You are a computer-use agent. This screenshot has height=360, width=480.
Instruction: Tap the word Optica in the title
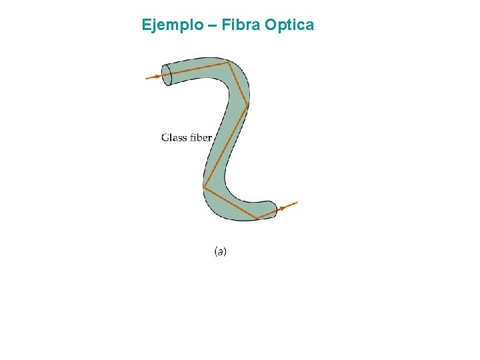tap(289, 25)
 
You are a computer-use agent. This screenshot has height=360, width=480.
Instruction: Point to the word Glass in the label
tap(174, 137)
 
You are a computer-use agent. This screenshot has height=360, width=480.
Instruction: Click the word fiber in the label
tap(200, 137)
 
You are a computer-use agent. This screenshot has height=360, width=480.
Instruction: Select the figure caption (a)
tap(220, 251)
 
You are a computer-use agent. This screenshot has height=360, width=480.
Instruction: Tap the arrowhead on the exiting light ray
tap(283, 208)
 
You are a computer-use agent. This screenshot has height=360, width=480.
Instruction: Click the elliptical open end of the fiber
tap(167, 75)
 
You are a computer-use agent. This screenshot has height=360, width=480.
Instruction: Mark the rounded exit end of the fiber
tap(273, 209)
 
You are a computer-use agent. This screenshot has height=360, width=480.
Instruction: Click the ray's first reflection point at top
tap(229, 63)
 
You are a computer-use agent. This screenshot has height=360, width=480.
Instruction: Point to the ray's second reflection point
tap(247, 105)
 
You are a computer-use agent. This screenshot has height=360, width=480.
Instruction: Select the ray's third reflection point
tap(204, 187)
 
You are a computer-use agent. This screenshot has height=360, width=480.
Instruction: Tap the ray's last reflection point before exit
tap(257, 219)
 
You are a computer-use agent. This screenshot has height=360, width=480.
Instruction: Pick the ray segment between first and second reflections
tap(238, 84)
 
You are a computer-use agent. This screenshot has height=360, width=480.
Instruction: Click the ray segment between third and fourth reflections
tap(231, 203)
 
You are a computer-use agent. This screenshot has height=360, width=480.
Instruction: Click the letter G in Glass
tap(165, 137)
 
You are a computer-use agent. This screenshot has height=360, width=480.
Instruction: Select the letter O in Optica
tap(271, 25)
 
